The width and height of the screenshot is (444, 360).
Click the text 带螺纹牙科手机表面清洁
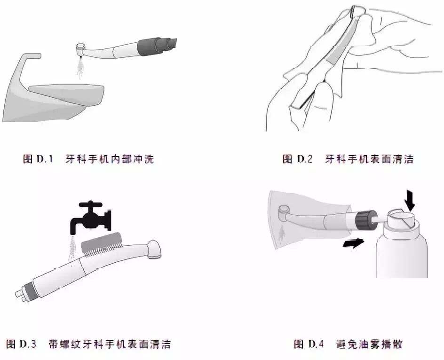pos(109,344)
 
